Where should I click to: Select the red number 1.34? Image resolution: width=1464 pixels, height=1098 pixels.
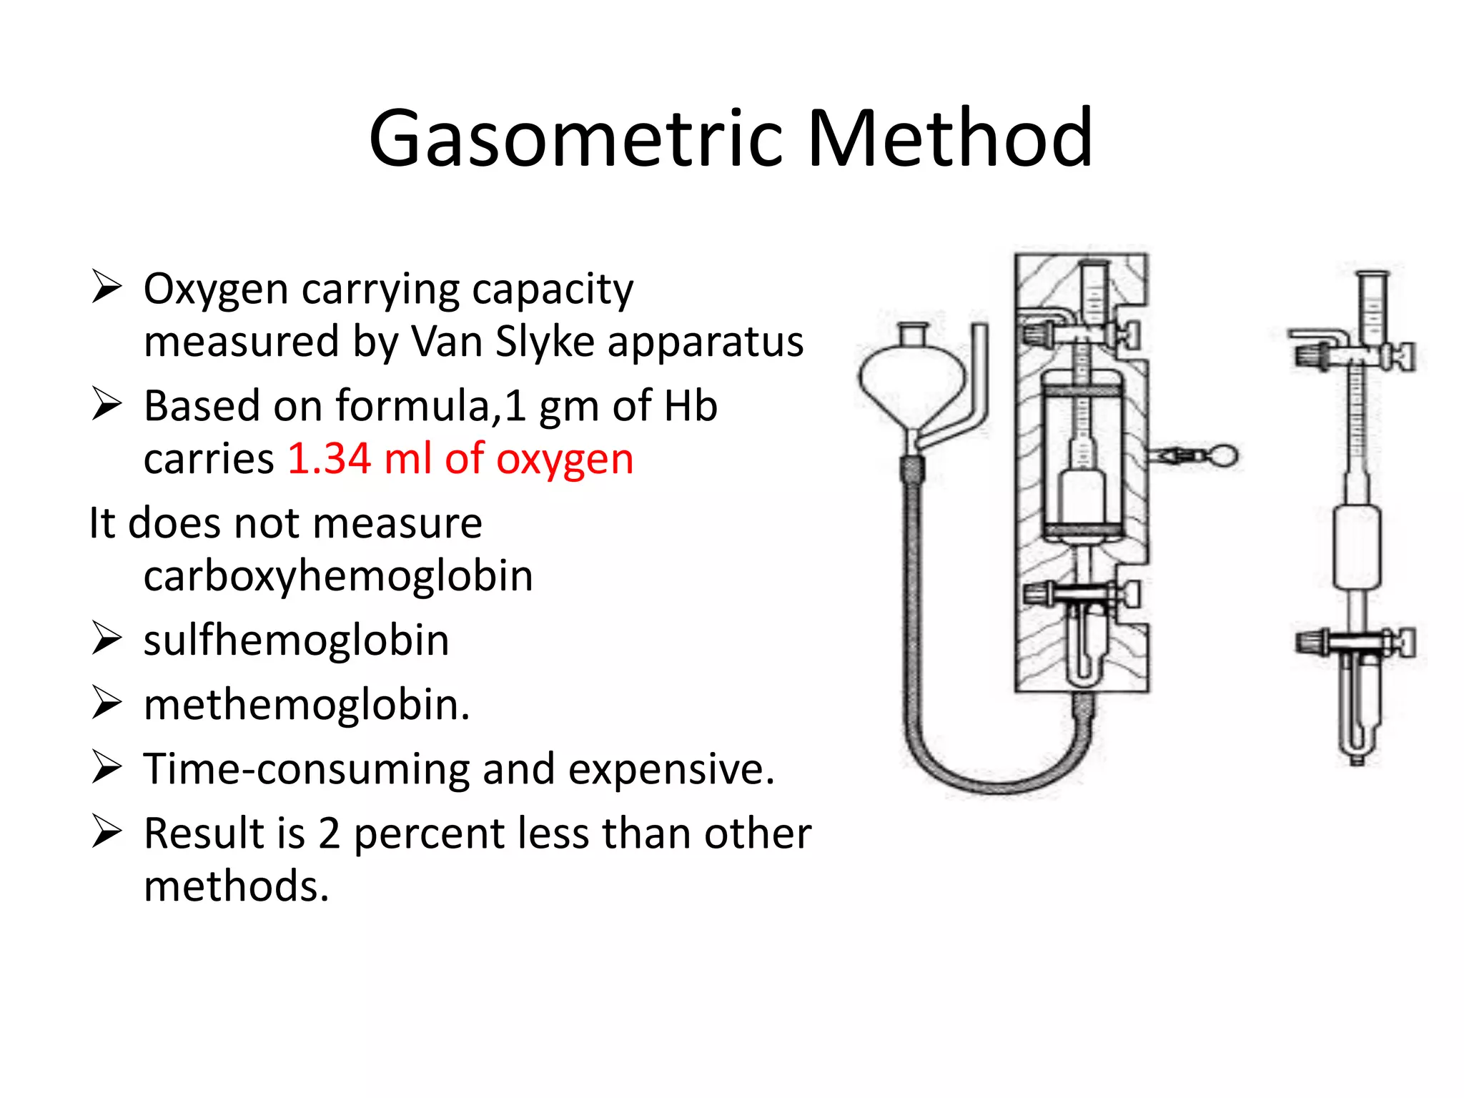point(329,459)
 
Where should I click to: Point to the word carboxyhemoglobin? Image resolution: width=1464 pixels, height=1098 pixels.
point(338,576)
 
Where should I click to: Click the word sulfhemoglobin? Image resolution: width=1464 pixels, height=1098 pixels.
point(296,640)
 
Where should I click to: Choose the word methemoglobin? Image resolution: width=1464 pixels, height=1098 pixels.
point(307,705)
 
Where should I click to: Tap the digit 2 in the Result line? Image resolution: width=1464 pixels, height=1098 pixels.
point(329,834)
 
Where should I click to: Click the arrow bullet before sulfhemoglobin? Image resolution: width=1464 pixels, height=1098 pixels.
point(107,638)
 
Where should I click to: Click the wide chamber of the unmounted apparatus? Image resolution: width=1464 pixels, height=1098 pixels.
point(1357,547)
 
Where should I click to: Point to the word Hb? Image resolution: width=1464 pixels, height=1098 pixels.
point(691,406)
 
